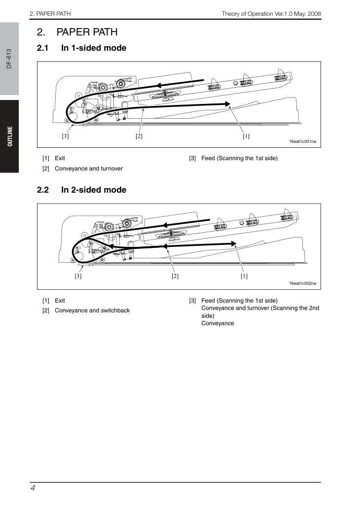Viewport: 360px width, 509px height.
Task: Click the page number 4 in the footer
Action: (x=33, y=488)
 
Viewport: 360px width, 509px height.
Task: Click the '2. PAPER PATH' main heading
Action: (x=77, y=32)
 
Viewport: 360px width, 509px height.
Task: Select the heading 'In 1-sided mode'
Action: (x=94, y=48)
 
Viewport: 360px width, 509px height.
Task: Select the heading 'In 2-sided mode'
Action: (x=94, y=190)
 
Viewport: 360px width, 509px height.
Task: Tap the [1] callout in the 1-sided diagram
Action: (x=246, y=136)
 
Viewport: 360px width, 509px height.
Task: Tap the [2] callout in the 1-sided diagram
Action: (x=139, y=136)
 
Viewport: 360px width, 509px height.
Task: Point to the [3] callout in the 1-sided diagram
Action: (x=65, y=136)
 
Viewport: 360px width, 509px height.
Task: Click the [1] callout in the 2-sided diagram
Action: (x=244, y=276)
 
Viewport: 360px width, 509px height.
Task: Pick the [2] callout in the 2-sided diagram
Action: (x=175, y=276)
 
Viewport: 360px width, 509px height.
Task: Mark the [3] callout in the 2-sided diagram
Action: (x=78, y=276)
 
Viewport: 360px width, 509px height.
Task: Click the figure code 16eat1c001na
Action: (x=302, y=141)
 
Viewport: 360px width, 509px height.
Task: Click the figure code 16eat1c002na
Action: (x=302, y=283)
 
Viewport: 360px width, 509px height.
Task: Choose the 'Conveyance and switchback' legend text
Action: (x=92, y=310)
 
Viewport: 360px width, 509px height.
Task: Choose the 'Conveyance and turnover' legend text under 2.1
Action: (x=89, y=169)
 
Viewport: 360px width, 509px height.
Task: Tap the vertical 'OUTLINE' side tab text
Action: (x=10, y=136)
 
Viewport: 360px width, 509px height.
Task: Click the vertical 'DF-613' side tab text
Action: (x=9, y=59)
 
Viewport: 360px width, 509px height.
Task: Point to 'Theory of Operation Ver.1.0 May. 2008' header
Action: (x=271, y=14)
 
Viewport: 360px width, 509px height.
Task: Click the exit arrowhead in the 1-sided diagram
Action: (x=228, y=104)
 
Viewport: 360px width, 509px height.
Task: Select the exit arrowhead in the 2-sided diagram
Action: (x=233, y=243)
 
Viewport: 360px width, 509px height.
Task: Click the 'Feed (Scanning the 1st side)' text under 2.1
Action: (x=240, y=158)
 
